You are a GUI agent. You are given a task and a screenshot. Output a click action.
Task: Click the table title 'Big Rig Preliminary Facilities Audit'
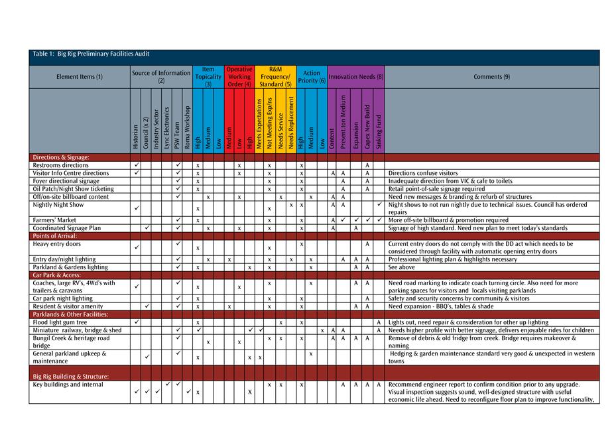(95, 54)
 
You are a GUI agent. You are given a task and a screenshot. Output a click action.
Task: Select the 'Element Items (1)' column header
(80, 77)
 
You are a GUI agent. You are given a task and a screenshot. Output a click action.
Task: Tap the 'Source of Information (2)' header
(161, 77)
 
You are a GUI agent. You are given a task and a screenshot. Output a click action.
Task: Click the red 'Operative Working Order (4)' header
(239, 77)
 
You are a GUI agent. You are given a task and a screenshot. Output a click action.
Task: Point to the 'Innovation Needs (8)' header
(356, 77)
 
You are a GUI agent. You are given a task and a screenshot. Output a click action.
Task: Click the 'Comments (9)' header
(491, 77)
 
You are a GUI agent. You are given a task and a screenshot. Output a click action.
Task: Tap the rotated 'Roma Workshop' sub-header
(188, 127)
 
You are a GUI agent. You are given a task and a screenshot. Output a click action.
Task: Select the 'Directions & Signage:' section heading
(61, 157)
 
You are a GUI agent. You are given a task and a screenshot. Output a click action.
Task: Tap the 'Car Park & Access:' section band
(57, 275)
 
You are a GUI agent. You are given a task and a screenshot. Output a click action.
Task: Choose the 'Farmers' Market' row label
(54, 220)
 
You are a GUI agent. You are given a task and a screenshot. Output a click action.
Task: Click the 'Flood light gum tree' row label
(60, 322)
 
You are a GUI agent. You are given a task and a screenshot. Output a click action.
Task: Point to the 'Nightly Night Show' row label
(58, 205)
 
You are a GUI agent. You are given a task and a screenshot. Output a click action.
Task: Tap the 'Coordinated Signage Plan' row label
(66, 228)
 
